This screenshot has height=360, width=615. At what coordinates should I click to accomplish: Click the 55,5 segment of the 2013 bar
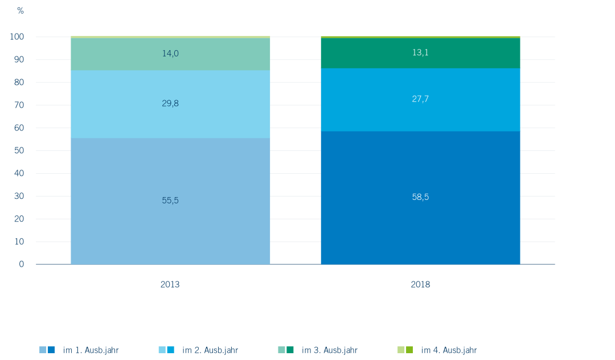point(170,201)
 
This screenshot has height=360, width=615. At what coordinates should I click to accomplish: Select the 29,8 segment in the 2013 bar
point(170,104)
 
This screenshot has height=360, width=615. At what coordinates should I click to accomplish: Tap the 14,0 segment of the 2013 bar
point(170,54)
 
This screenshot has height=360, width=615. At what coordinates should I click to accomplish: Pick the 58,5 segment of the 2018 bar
point(420,198)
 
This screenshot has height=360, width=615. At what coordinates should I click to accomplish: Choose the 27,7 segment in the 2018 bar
point(420,100)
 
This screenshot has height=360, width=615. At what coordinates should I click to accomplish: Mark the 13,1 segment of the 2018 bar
point(420,53)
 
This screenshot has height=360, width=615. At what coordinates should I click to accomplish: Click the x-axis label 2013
point(170,284)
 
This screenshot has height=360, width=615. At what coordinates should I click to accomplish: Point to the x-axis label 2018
point(420,284)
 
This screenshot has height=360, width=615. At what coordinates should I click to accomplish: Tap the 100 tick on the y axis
point(17,37)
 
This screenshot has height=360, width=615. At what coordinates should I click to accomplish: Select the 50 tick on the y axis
point(19,150)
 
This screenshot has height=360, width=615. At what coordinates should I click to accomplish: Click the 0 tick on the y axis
point(22,264)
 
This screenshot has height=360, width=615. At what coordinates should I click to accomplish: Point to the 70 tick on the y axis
point(19,105)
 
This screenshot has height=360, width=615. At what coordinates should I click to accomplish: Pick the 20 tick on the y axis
point(19,219)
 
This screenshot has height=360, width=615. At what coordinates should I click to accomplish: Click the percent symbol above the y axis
point(20,11)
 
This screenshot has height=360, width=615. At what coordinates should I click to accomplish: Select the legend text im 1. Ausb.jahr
point(91,350)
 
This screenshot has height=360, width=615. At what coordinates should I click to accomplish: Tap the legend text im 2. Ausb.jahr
point(210,350)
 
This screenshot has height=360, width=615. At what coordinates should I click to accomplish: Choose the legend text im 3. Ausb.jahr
point(330,350)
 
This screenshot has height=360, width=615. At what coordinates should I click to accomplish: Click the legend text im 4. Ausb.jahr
point(449,350)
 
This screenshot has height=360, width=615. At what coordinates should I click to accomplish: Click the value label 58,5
point(420,197)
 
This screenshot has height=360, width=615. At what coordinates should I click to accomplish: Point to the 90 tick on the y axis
point(19,60)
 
